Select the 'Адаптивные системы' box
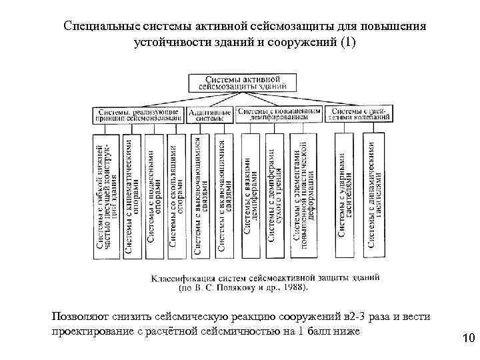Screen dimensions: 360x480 click(210, 115)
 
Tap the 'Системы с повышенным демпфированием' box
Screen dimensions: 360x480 click(279, 115)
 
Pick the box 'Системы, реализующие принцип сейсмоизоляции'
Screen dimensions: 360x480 click(137, 115)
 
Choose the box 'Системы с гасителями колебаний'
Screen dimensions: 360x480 click(360, 115)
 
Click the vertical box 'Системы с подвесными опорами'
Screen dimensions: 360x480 click(153, 195)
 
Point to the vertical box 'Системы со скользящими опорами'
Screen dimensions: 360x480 click(176, 195)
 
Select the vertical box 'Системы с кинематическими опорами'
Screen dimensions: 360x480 click(131, 195)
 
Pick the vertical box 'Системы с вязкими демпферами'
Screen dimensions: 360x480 click(251, 195)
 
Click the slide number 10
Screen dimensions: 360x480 click(467, 340)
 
